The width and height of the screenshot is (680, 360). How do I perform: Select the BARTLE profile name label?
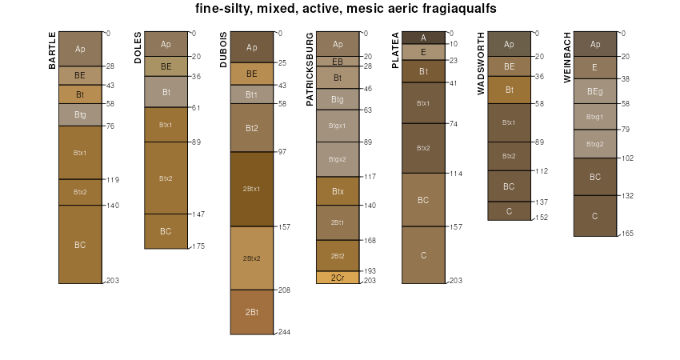click(x=53, y=50)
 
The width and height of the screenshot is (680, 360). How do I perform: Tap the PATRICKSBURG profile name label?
click(x=310, y=69)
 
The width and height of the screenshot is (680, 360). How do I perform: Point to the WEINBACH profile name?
click(x=567, y=58)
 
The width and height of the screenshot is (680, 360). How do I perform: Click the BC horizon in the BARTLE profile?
click(x=80, y=244)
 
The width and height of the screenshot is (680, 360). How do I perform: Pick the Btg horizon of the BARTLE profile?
click(x=80, y=114)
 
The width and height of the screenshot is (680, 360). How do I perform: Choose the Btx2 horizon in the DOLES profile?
click(x=166, y=178)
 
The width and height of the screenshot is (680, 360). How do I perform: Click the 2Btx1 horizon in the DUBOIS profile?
click(x=251, y=189)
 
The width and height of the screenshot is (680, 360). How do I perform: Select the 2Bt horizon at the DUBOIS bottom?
click(x=251, y=311)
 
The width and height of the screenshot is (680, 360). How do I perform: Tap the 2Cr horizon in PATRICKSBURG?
click(x=338, y=278)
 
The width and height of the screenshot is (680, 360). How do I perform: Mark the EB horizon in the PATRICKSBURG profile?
click(x=338, y=61)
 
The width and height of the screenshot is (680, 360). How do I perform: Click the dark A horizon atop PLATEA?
click(x=423, y=38)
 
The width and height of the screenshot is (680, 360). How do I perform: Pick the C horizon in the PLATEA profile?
click(x=423, y=254)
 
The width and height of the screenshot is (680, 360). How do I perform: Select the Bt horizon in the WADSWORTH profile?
click(x=509, y=90)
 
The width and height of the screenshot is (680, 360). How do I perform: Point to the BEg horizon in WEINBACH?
click(x=594, y=91)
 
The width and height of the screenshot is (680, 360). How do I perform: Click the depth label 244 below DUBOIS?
click(x=284, y=331)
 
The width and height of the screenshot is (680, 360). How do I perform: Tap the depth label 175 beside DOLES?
click(x=198, y=246)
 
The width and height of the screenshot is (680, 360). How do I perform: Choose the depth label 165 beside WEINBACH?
click(x=627, y=234)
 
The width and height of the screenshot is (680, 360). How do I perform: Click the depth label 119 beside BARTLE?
click(x=112, y=179)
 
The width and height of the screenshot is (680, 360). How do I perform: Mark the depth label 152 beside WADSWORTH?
click(x=542, y=218)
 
